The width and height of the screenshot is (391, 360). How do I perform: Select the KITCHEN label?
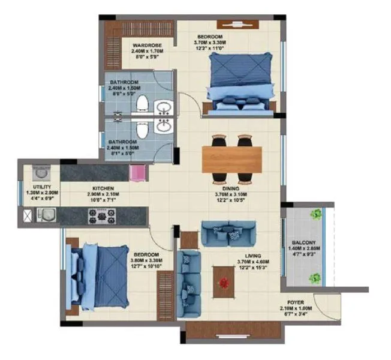[103, 188]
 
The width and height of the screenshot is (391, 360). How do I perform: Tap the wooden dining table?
[232, 159]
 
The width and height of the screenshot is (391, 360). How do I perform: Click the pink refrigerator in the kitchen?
[138, 172]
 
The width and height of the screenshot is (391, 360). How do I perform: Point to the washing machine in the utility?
[40, 173]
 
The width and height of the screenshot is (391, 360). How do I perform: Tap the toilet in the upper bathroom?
[142, 105]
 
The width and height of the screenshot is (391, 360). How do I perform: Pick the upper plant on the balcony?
[315, 214]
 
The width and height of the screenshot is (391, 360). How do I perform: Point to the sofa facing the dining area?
[227, 232]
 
